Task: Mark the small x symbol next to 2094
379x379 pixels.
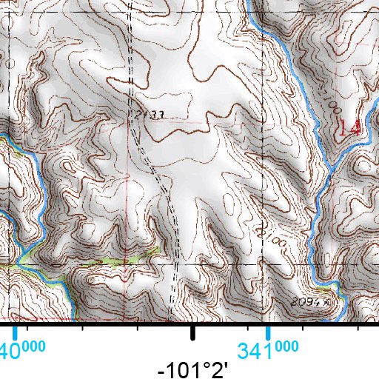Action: (x=324, y=302)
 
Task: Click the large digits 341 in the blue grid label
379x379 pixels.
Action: (x=255, y=349)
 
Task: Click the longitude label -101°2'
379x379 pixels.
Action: (x=192, y=368)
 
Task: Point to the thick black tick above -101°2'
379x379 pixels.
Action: (x=192, y=332)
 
